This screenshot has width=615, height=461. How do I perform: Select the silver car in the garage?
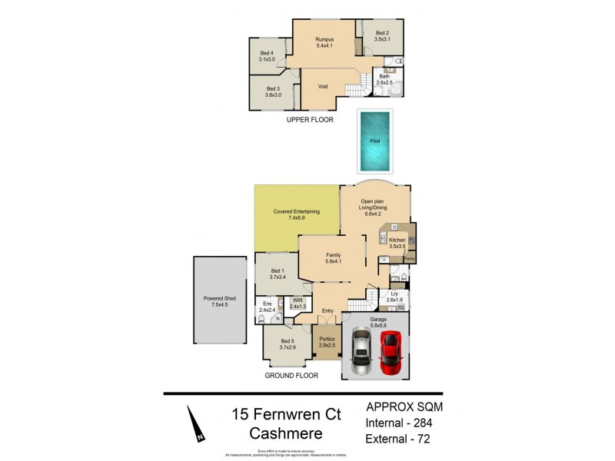(x=361, y=352)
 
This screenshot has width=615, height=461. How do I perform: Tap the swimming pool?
(x=374, y=141)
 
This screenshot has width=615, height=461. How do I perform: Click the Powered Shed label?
(x=219, y=300)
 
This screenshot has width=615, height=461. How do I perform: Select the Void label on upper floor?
(x=323, y=86)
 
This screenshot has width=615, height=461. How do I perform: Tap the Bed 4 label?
(x=267, y=56)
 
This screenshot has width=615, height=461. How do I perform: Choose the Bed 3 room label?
(x=273, y=91)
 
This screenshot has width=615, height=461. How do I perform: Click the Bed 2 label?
(x=382, y=35)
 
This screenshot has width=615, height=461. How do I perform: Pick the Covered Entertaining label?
(x=296, y=214)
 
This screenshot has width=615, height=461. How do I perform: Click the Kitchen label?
(x=397, y=244)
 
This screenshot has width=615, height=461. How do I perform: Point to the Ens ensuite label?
(x=267, y=306)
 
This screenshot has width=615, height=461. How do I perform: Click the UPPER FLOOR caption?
(x=310, y=120)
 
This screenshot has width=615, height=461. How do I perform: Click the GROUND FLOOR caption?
(x=291, y=376)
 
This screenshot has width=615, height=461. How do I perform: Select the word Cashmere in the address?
(x=286, y=434)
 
